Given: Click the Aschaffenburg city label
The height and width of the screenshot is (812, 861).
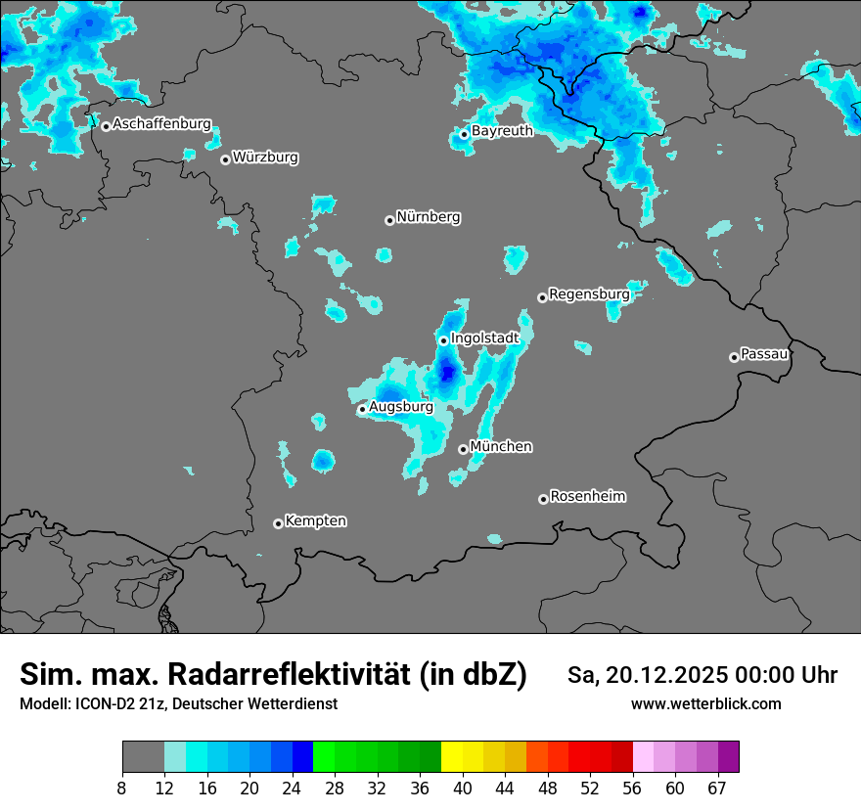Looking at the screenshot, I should tap(161, 124).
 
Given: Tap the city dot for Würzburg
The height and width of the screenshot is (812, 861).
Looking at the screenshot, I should tap(225, 159).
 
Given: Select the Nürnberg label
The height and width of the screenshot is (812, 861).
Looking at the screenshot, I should tap(428, 217).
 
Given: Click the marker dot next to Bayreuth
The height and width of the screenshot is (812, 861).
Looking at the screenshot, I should tap(465, 134).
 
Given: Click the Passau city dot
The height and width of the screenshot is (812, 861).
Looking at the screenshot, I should tap(734, 357).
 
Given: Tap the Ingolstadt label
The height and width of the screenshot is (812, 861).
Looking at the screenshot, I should tap(484, 338).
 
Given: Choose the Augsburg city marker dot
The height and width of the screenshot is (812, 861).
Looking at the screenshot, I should tap(362, 409).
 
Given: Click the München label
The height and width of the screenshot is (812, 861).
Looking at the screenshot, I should tap(501, 446).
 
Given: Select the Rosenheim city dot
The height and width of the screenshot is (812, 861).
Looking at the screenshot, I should tap(543, 499).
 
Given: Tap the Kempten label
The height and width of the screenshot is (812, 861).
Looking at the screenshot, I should tap(315, 520).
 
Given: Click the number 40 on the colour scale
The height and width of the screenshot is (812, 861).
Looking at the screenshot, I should tap(463, 789).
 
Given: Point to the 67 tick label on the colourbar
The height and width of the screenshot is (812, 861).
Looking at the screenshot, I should tap(717, 789).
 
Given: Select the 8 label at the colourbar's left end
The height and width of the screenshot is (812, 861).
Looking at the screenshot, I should tap(122, 789).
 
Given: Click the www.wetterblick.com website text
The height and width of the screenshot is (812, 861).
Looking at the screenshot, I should tap(705, 703).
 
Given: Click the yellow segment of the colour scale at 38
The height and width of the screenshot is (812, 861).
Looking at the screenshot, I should tap(451, 756).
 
